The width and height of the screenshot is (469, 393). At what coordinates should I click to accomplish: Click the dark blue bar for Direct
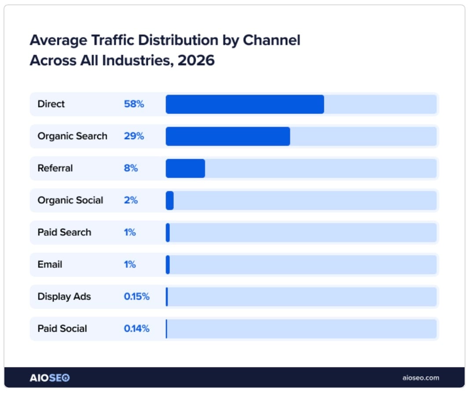click(245, 104)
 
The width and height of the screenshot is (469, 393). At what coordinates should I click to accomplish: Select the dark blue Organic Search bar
click(227, 136)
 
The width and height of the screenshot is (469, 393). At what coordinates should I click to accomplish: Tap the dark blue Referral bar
click(185, 168)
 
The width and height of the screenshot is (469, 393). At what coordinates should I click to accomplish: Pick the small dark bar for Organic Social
click(170, 200)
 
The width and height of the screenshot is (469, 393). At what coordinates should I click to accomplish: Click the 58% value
click(134, 104)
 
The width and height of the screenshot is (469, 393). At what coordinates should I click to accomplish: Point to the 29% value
click(134, 136)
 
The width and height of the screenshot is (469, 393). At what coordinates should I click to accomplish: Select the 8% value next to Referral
click(131, 168)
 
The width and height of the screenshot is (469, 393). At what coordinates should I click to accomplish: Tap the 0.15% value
click(136, 297)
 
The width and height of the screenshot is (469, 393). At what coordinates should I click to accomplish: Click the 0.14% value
click(136, 329)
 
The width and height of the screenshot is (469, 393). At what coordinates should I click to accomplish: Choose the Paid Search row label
click(64, 233)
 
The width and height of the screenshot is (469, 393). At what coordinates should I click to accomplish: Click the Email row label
click(50, 265)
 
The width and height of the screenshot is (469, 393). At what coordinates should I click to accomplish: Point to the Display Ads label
click(64, 297)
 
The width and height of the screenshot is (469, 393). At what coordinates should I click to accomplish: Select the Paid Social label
click(62, 329)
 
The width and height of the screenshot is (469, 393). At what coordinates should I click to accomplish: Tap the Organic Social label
click(70, 200)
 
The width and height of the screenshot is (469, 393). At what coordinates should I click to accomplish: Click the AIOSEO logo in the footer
click(49, 378)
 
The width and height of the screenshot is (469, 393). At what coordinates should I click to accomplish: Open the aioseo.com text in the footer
click(421, 378)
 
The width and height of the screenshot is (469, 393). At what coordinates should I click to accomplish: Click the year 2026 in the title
click(196, 60)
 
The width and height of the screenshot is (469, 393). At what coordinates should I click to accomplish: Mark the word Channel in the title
click(271, 40)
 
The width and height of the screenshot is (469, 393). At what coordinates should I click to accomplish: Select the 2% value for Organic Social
click(131, 200)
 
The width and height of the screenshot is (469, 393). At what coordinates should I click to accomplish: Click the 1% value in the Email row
click(130, 265)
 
